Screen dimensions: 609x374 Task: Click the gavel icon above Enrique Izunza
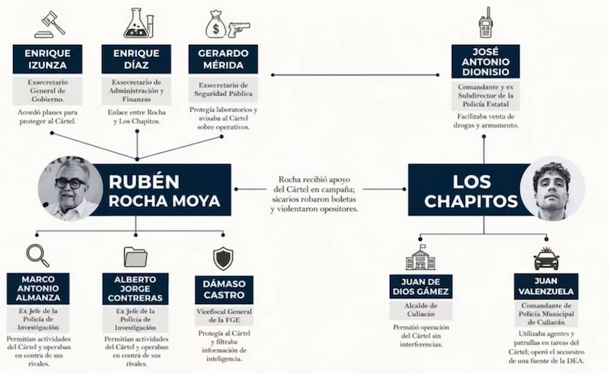pos(49,24)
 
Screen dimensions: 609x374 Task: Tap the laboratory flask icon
pos(139,24)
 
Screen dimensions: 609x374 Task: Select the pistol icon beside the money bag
pos(239,30)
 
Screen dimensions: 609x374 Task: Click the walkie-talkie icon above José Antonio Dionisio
pos(486,22)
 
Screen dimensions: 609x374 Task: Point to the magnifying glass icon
pos(37,255)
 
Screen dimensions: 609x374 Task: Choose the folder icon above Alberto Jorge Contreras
pos(136,256)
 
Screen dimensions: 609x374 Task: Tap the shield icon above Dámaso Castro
pos(223,258)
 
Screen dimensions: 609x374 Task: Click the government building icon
pos(420,257)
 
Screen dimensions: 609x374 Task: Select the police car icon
pos(547,258)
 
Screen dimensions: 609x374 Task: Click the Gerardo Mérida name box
pos(223,59)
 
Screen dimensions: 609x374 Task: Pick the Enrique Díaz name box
pos(136,59)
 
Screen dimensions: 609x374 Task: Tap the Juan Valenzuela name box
pos(546,287)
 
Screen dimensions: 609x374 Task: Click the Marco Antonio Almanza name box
pos(38,289)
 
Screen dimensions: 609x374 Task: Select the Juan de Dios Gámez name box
pos(421,287)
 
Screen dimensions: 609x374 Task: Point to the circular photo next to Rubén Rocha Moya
pos(70,189)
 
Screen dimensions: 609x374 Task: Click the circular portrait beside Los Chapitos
pos(553,189)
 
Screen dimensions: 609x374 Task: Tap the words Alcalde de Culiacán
pos(421,309)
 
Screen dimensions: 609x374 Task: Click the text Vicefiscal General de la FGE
pos(224,315)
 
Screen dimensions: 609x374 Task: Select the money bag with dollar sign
pos(216,24)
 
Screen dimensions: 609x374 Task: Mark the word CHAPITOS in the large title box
pos(470,201)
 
